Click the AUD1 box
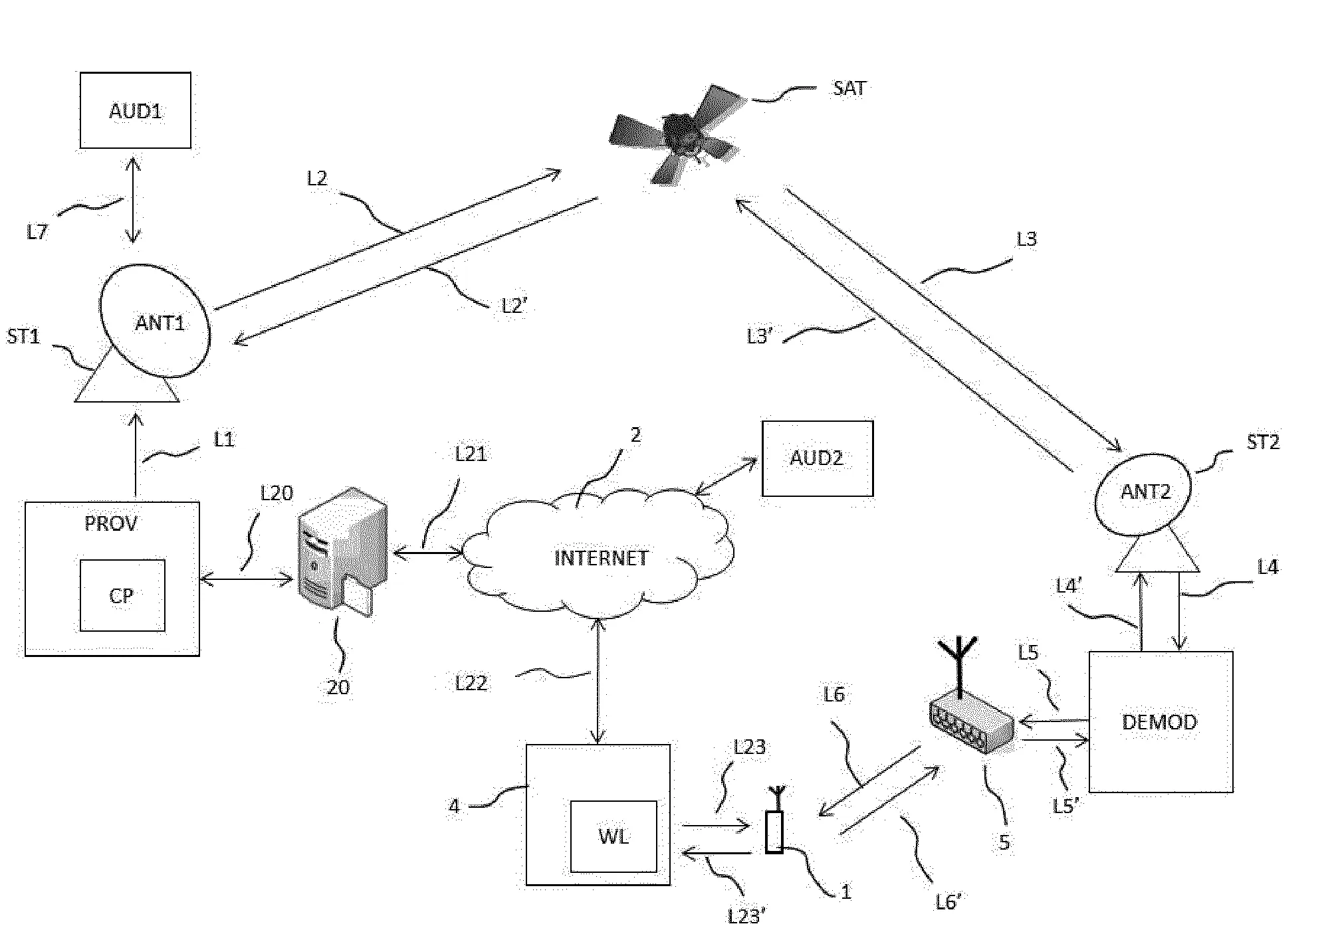[x=135, y=110]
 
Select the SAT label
[x=849, y=88]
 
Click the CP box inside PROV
[x=122, y=595]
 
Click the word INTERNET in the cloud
[x=601, y=558]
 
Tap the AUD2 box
[x=817, y=458]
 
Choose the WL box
[x=613, y=836]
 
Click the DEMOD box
[x=1160, y=721]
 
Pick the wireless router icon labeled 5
[x=970, y=721]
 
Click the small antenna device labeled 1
[x=774, y=829]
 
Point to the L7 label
[x=38, y=232]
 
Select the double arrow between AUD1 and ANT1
[x=134, y=200]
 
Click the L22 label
[x=471, y=683]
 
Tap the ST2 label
[x=1262, y=442]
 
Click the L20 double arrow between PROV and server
[x=246, y=581]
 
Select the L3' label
[x=760, y=337]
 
